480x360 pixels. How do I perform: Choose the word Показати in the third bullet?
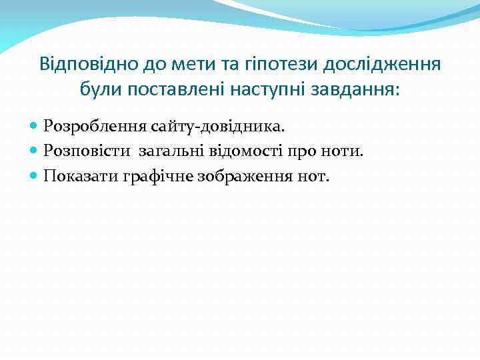pos(81,177)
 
